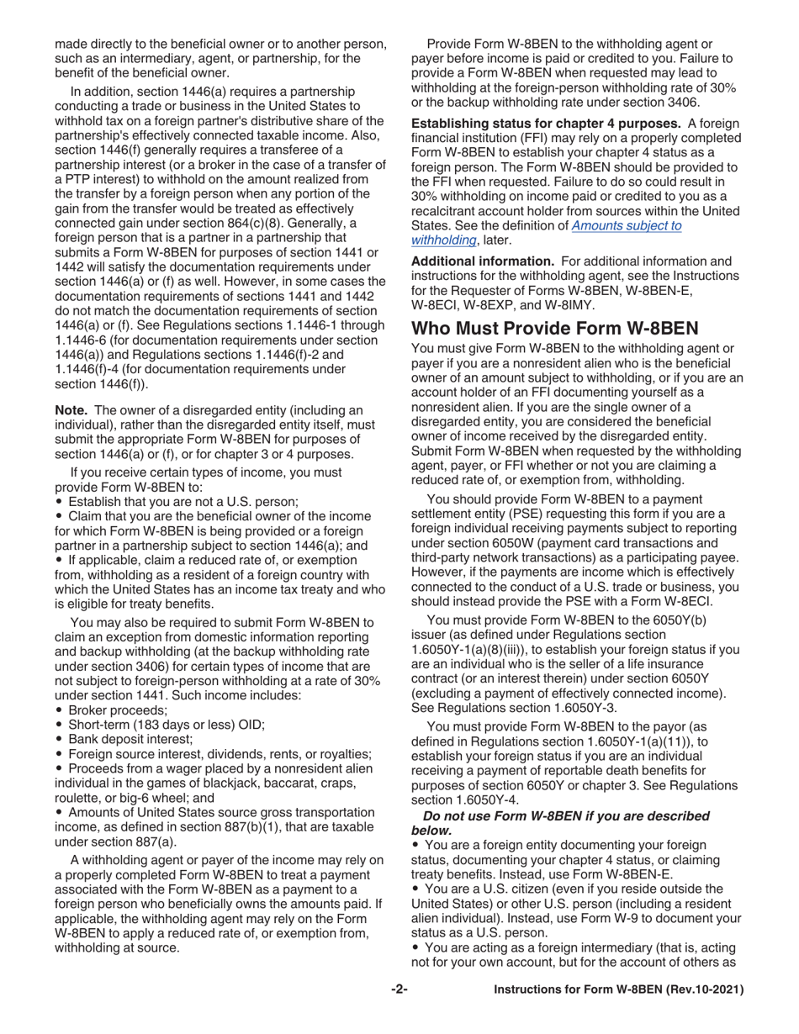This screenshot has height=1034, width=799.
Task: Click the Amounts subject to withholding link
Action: coord(627,225)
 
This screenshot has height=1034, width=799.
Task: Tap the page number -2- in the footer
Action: coord(399,990)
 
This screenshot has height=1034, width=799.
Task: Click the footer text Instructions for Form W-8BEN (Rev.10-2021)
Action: coord(618,990)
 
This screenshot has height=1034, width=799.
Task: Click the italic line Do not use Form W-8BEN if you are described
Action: coord(566,816)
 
